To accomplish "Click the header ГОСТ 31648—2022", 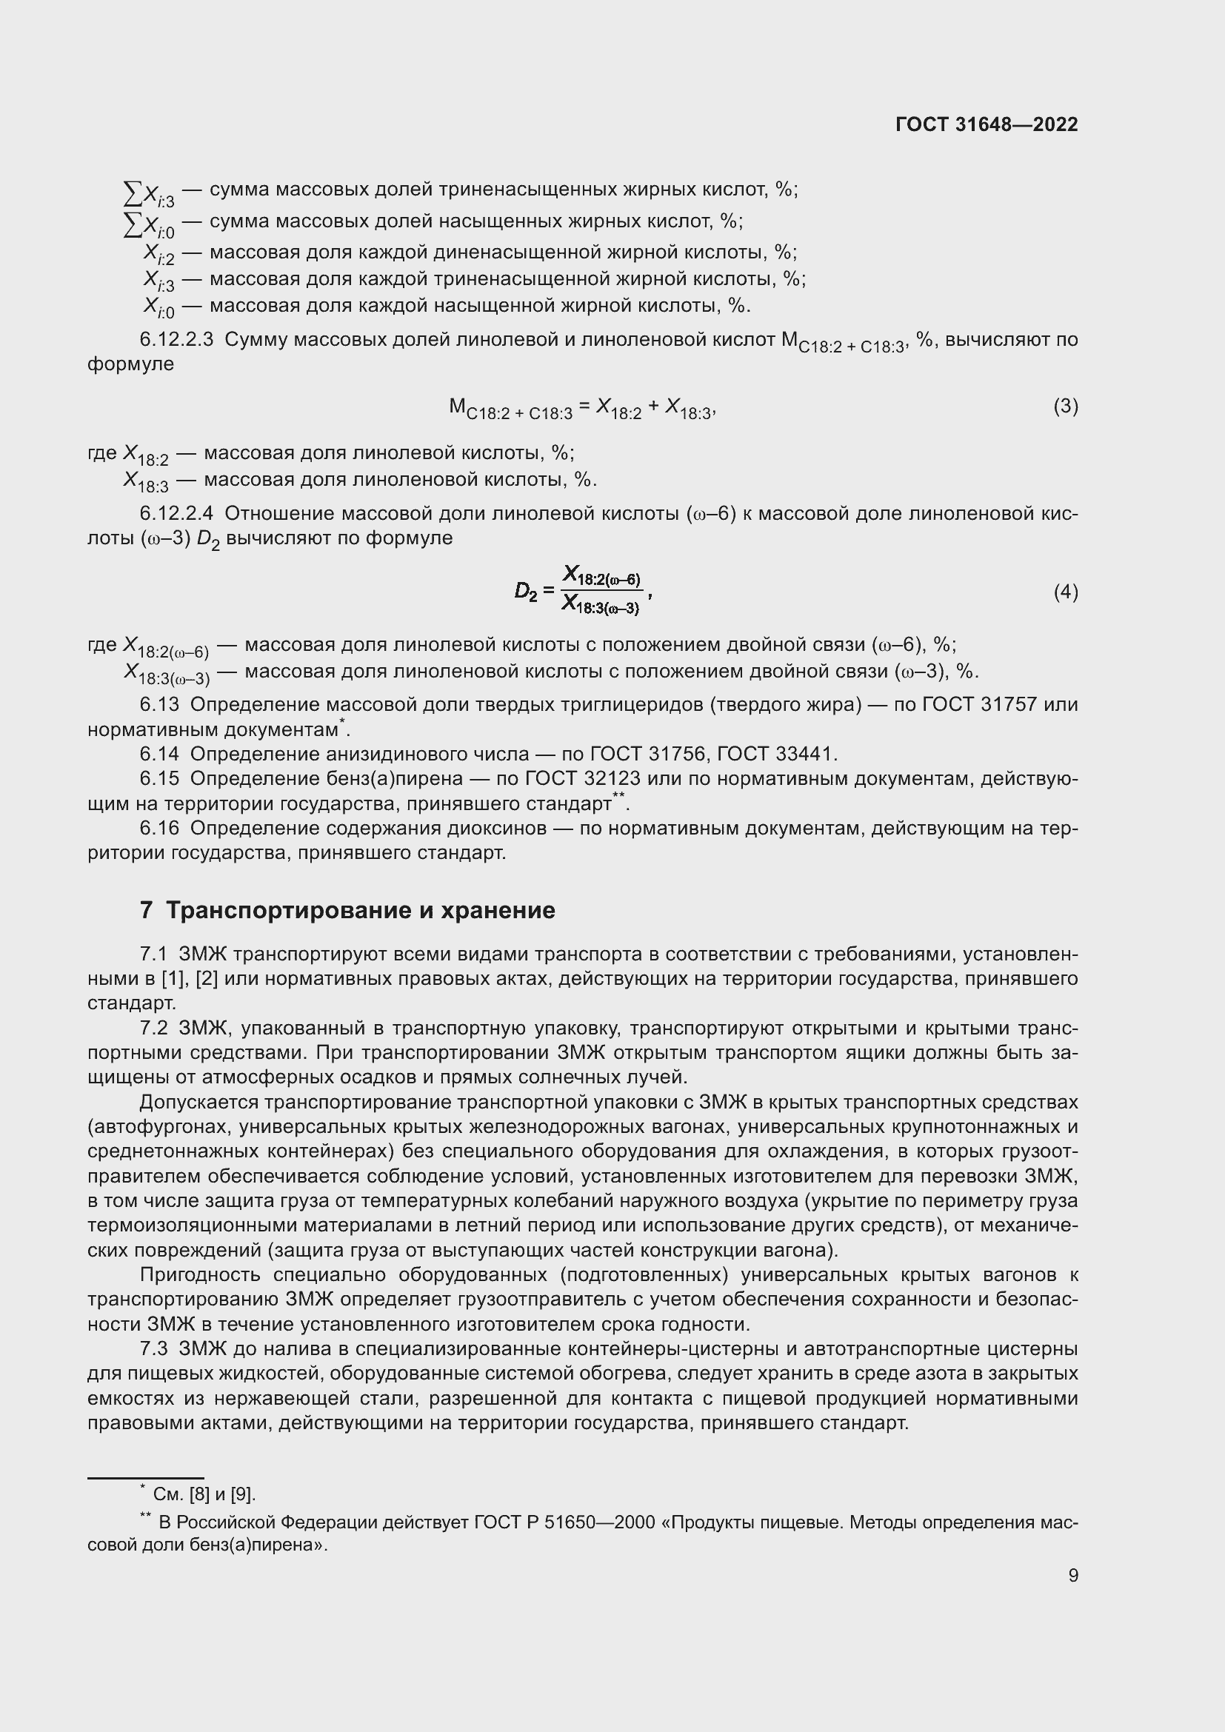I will pos(986,124).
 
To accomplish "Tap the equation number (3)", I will pos(1065,407).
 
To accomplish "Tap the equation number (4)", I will pos(1065,592).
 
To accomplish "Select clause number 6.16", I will pos(159,829).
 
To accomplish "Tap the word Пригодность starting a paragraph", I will pos(201,1275).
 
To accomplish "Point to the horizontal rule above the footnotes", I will pos(146,1478).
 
